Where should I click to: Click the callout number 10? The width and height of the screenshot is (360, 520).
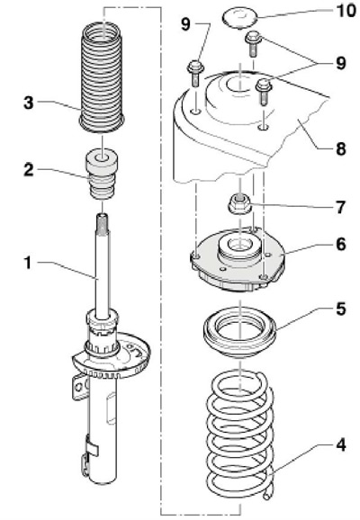pyautogui.click(x=346, y=11)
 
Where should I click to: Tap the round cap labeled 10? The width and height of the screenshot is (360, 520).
pyautogui.click(x=240, y=19)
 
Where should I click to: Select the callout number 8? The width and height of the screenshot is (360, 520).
pyautogui.click(x=341, y=149)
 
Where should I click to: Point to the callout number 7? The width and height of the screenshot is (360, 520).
pyautogui.click(x=341, y=208)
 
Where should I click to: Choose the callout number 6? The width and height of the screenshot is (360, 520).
pyautogui.click(x=341, y=245)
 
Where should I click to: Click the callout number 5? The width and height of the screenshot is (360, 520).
pyautogui.click(x=341, y=309)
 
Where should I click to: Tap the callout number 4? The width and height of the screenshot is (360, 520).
pyautogui.click(x=341, y=445)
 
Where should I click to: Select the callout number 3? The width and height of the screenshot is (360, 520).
pyautogui.click(x=29, y=103)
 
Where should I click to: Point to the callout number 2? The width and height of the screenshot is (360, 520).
pyautogui.click(x=29, y=170)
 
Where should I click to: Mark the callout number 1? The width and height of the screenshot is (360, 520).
pyautogui.click(x=28, y=264)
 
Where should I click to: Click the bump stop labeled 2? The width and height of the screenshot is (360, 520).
pyautogui.click(x=103, y=175)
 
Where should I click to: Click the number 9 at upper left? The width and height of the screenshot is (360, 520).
pyautogui.click(x=186, y=24)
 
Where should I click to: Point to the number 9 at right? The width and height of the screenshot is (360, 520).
pyautogui.click(x=341, y=63)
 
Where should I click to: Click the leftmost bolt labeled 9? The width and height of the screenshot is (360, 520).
pyautogui.click(x=194, y=74)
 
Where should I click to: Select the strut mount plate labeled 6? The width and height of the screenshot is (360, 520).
pyautogui.click(x=238, y=262)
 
